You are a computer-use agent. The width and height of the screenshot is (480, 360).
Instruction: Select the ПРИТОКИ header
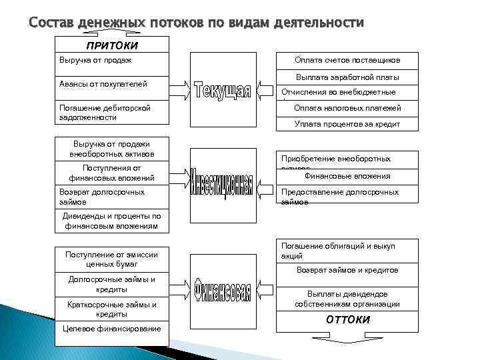point(111,45)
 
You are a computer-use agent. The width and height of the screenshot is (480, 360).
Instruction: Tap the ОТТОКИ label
point(347,319)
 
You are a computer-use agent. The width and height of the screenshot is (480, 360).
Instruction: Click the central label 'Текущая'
point(222,91)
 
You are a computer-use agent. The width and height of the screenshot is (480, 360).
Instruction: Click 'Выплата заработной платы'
point(347,77)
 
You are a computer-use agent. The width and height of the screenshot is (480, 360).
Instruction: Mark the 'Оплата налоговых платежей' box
point(347,108)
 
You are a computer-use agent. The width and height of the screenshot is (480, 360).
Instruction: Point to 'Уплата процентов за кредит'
point(347,123)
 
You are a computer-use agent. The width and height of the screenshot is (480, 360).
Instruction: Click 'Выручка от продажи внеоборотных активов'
point(111,149)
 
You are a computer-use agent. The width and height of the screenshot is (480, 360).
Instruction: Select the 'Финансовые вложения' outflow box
point(347,177)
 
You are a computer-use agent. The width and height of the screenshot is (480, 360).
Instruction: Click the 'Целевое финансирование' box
point(111,329)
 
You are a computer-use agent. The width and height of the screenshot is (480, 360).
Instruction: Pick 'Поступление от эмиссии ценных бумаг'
point(111,258)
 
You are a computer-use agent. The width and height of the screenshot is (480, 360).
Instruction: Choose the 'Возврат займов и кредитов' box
point(347,271)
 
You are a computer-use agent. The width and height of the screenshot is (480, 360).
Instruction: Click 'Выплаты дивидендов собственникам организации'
point(347,299)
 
